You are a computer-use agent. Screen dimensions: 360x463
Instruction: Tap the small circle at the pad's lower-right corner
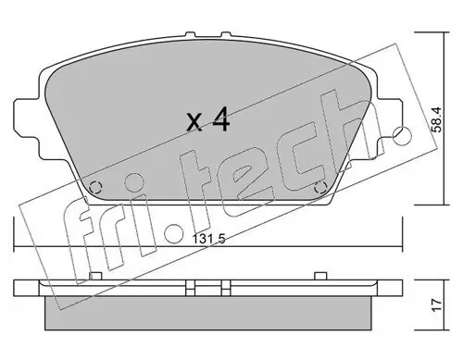(x=320, y=190)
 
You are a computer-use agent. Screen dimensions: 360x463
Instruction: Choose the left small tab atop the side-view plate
(x=99, y=275)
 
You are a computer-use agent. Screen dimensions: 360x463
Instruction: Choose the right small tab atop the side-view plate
(x=319, y=275)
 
